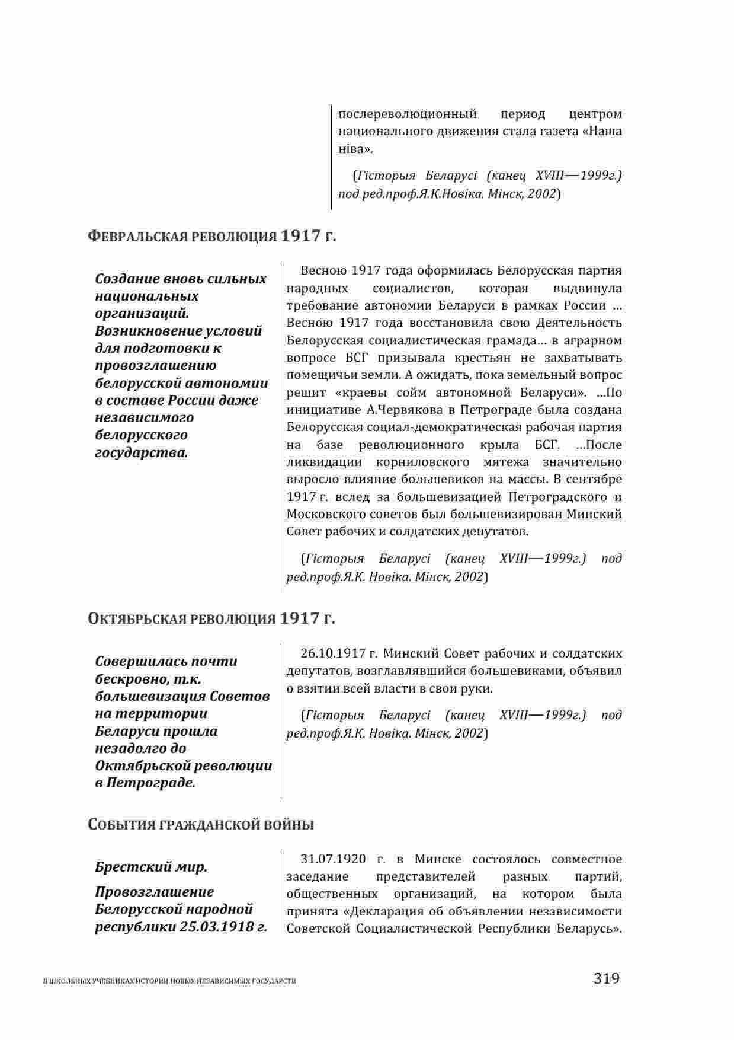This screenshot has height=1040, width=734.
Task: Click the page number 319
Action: [606, 978]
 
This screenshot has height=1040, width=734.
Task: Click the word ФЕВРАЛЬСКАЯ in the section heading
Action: [139, 237]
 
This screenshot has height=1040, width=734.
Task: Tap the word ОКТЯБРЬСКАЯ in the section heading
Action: [139, 619]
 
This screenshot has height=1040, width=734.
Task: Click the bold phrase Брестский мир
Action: [151, 867]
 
